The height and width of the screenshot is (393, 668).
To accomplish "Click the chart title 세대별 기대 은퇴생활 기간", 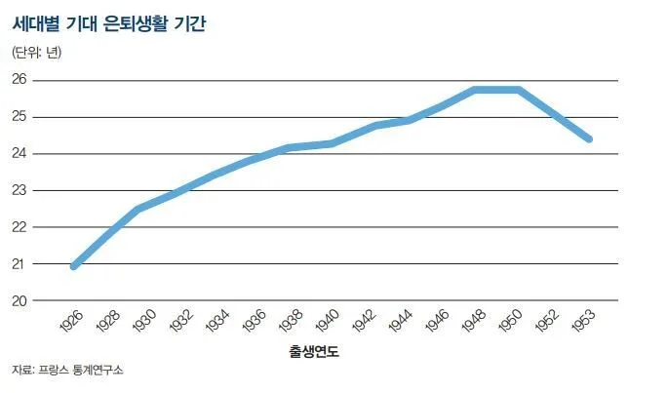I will click(110, 22).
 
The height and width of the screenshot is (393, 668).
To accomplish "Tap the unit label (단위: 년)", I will click(36, 53).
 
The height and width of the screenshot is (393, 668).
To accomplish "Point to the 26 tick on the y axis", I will click(19, 80).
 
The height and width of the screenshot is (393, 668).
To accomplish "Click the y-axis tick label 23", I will click(19, 190).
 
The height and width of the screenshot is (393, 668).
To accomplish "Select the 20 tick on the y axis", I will click(19, 300).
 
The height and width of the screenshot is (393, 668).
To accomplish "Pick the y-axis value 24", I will click(19, 153).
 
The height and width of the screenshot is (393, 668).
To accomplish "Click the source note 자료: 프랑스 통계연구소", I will click(68, 372).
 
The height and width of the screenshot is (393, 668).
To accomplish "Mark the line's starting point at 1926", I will click(74, 265).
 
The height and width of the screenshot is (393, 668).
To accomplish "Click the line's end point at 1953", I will click(590, 139).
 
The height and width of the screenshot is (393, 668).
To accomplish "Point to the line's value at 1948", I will click(473, 90).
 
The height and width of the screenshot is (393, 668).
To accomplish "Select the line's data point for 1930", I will click(138, 209).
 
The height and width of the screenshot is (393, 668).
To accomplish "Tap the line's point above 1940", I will click(333, 143).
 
